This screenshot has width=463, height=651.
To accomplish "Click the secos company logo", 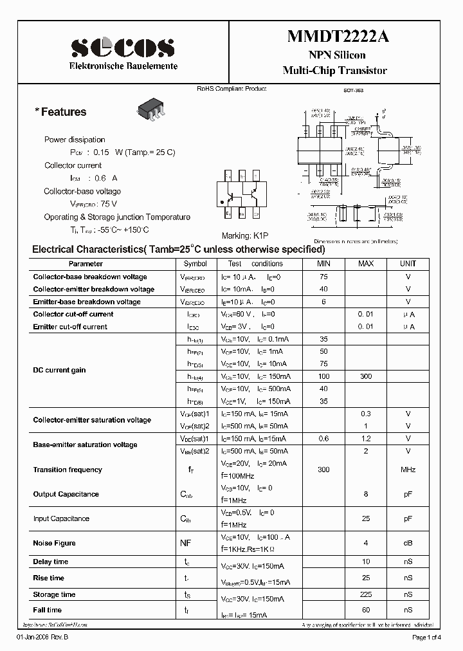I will pyautogui.click(x=122, y=47).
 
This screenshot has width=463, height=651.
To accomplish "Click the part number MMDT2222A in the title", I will pyautogui.click(x=337, y=37).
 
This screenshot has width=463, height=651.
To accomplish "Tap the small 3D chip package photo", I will pyautogui.click(x=150, y=110).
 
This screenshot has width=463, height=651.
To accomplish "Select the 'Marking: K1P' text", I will pyautogui.click(x=244, y=236).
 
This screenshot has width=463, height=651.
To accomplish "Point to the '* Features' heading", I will pyautogui.click(x=60, y=112).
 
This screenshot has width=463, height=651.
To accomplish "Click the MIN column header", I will pyautogui.click(x=323, y=264).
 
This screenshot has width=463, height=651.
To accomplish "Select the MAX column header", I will pyautogui.click(x=365, y=264).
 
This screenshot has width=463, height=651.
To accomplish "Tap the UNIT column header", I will pyautogui.click(x=408, y=264).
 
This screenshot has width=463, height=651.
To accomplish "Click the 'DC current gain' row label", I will pyautogui.click(x=59, y=370).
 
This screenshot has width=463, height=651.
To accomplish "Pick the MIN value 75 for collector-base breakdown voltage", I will pyautogui.click(x=323, y=277).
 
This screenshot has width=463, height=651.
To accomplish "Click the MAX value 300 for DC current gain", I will pyautogui.click(x=365, y=376).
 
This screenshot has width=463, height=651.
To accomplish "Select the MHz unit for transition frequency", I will pyautogui.click(x=408, y=470).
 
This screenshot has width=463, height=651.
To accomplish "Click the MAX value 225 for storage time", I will pyautogui.click(x=365, y=594).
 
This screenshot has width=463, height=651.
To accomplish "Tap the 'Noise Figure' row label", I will pyautogui.click(x=55, y=544).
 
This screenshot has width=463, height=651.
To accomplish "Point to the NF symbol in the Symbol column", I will pyautogui.click(x=185, y=544).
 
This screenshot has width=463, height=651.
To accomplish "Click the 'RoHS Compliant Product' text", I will pyautogui.click(x=231, y=89).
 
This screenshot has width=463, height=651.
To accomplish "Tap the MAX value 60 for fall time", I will pyautogui.click(x=365, y=610).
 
